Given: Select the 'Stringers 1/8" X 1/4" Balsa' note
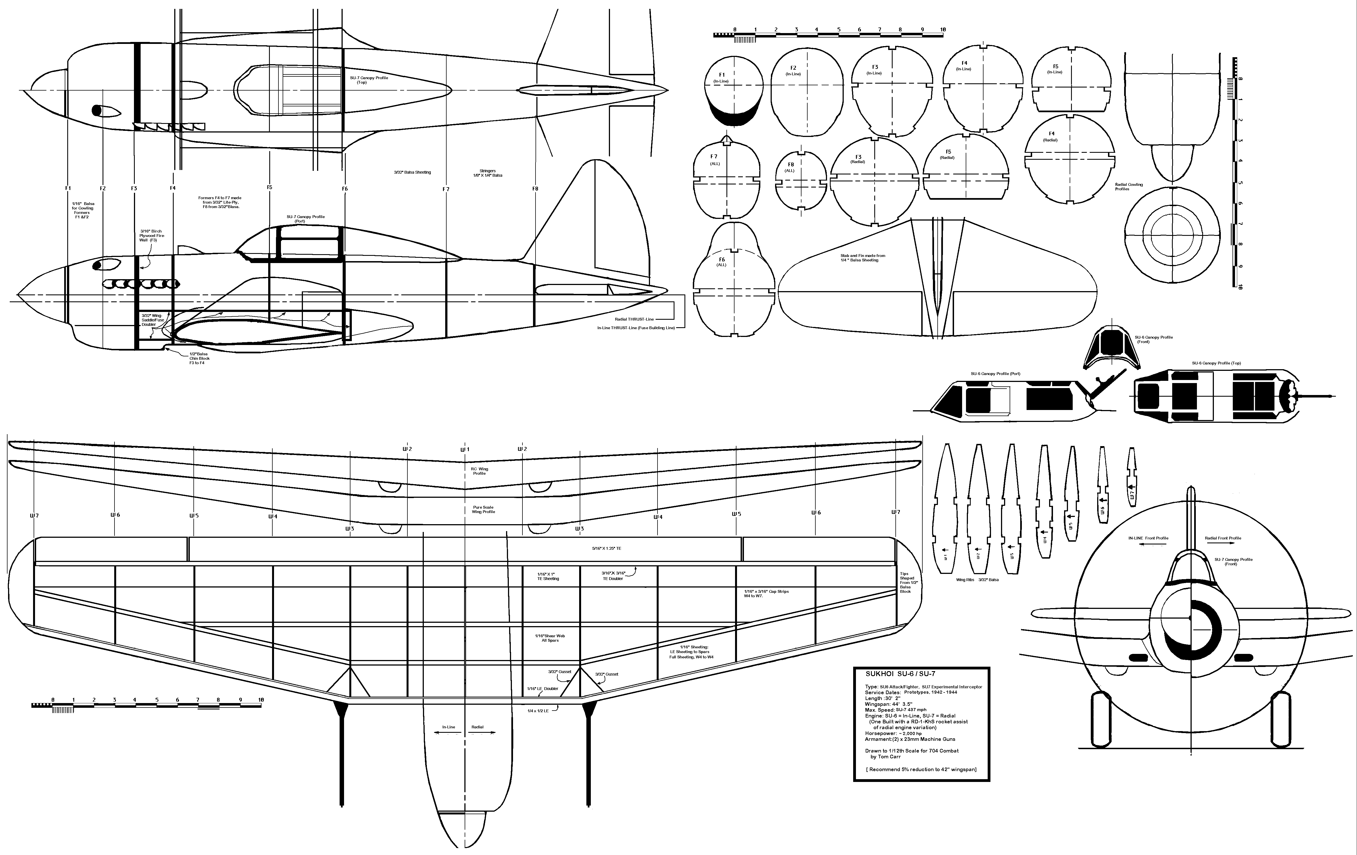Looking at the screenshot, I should click(x=487, y=173).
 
